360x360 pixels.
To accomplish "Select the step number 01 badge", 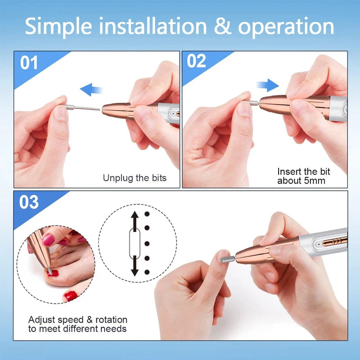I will click(29, 63).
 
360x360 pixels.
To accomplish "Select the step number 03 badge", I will click(29, 202).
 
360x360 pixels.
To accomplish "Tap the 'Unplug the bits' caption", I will click(135, 178).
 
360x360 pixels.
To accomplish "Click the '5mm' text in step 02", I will click(315, 181).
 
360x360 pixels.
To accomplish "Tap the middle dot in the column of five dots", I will click(147, 243).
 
